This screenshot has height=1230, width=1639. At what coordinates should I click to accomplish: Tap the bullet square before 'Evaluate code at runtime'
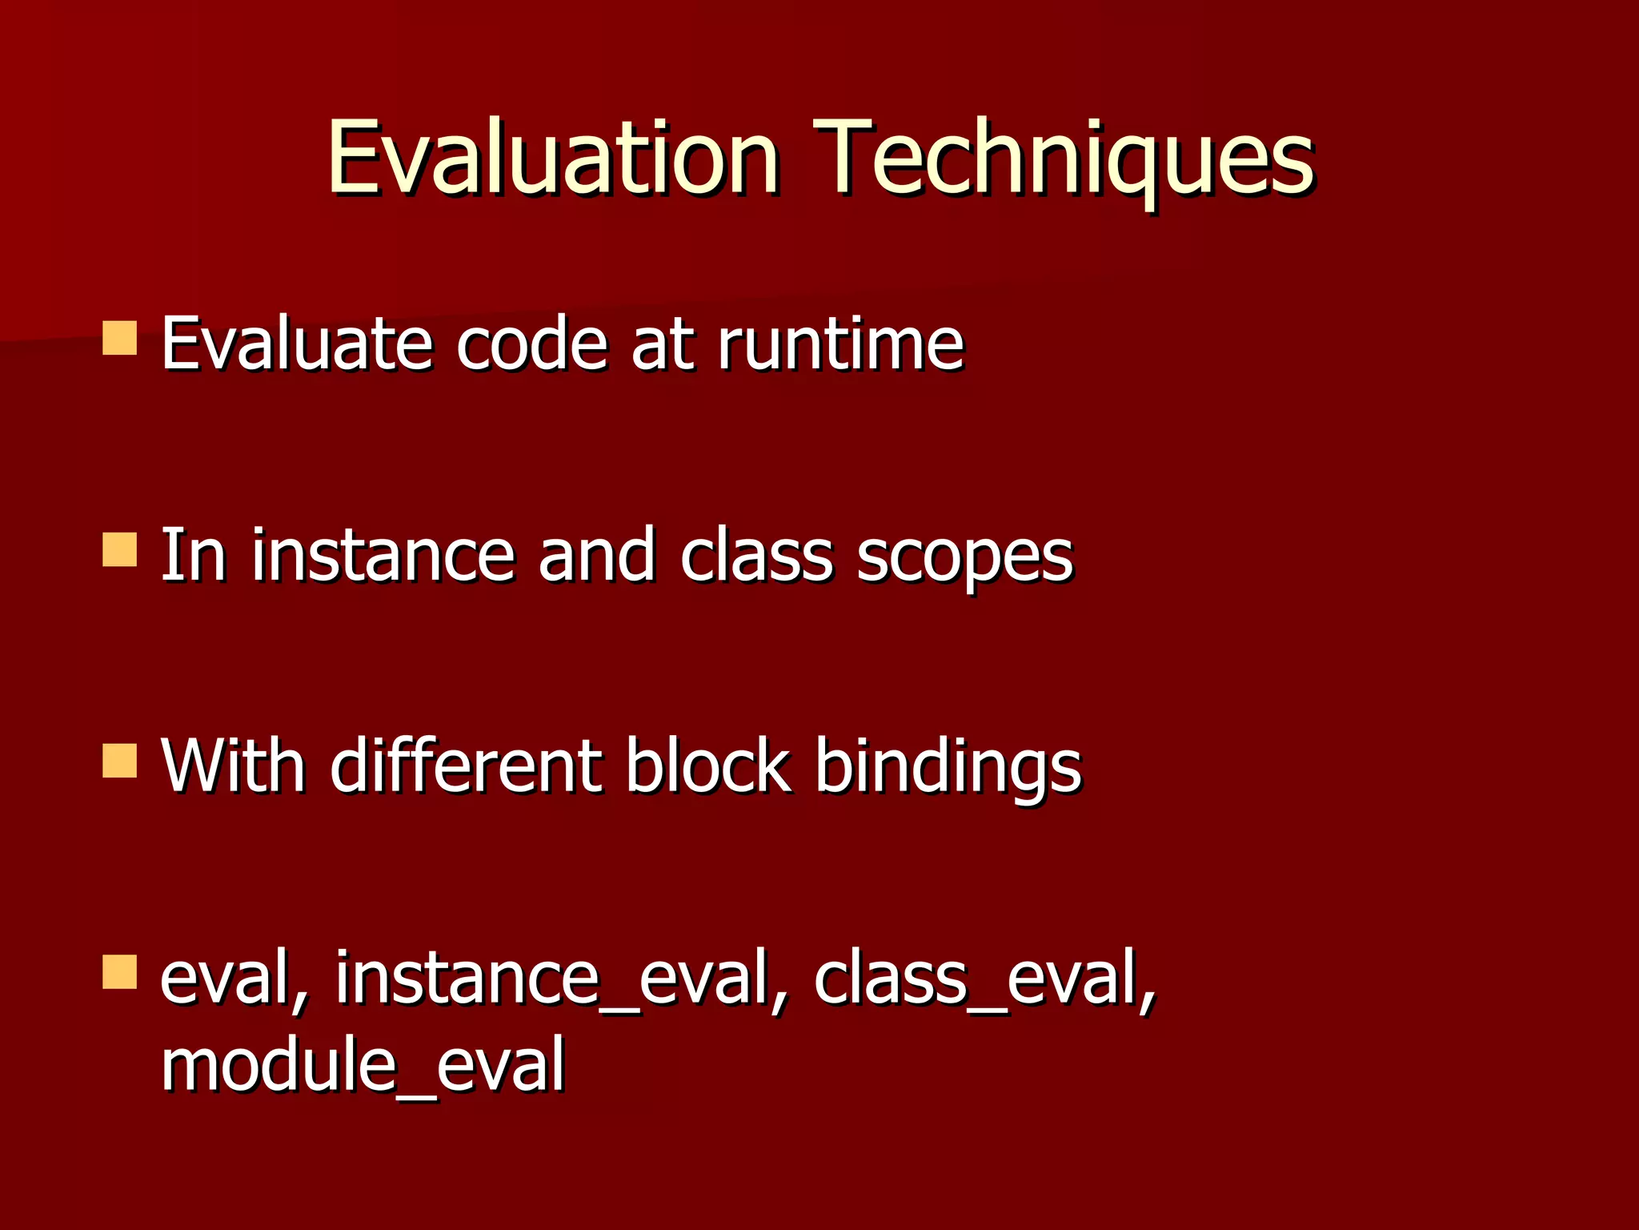click(120, 338)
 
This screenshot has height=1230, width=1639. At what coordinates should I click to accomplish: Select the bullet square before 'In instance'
click(120, 550)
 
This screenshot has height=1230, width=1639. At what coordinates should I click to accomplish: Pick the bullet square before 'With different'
click(120, 761)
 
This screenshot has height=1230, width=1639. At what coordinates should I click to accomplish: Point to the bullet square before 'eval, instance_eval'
click(120, 971)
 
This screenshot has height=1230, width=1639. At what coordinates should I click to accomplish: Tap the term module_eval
click(363, 1066)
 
